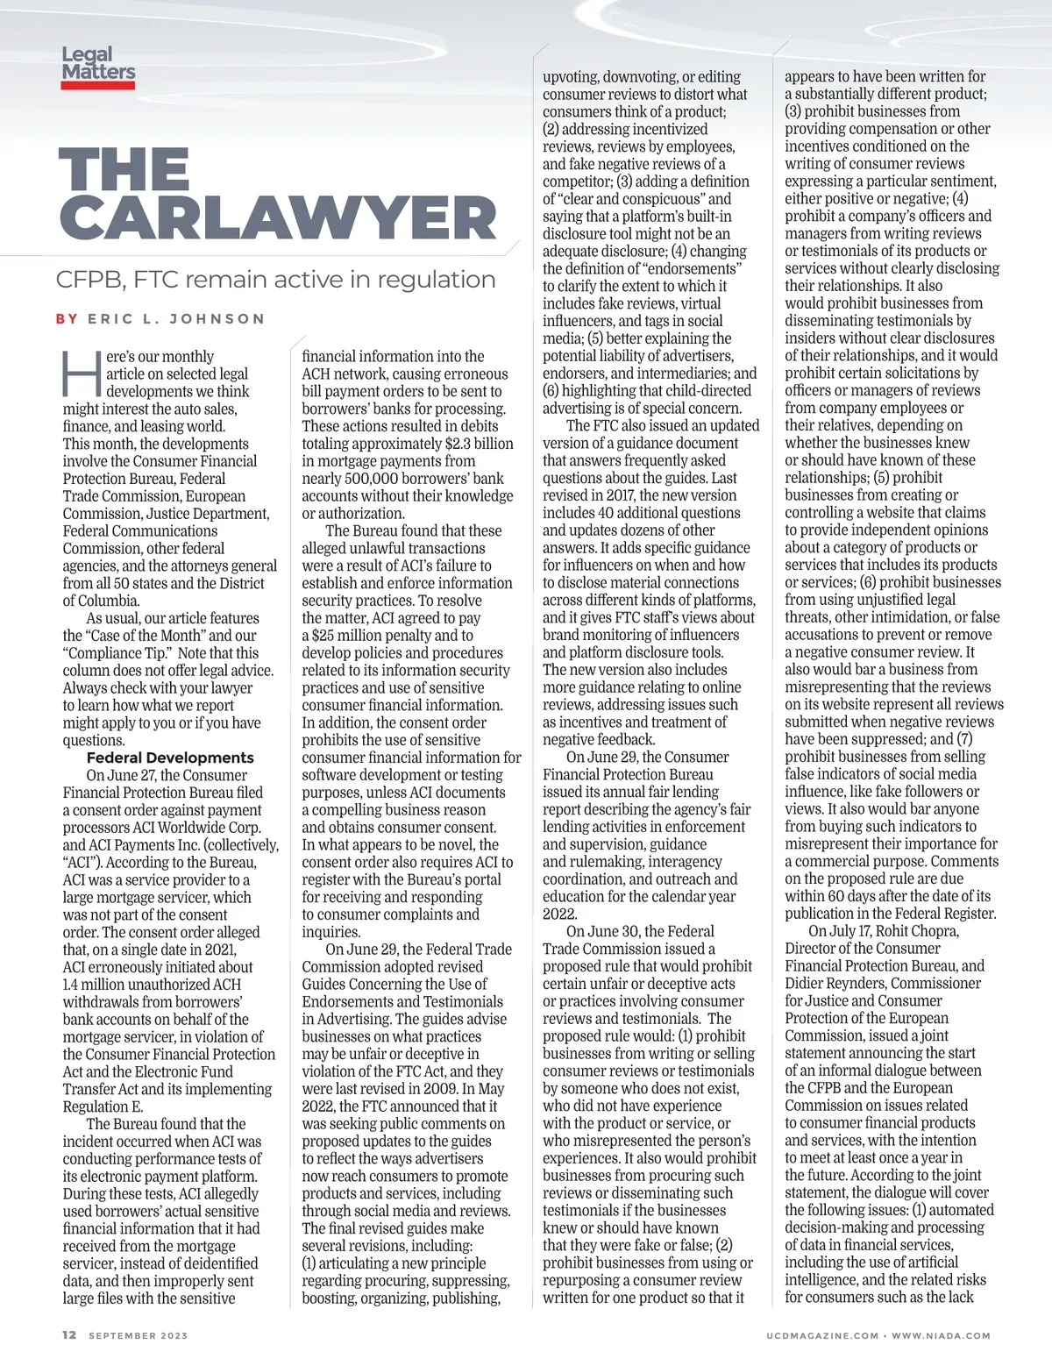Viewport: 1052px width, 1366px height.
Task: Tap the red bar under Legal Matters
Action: tap(98, 85)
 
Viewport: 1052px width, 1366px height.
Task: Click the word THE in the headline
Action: tap(124, 168)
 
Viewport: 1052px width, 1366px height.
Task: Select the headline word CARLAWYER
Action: tap(278, 217)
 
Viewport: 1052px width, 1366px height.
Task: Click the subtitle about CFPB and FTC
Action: tap(275, 280)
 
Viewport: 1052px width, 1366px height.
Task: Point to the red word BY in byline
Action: tap(67, 319)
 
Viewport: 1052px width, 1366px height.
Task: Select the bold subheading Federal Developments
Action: tap(170, 758)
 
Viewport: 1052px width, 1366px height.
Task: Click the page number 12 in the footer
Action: tap(69, 1335)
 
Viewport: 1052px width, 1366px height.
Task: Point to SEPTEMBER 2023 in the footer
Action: tap(139, 1336)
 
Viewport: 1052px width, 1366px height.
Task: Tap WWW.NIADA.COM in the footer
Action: tap(941, 1336)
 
